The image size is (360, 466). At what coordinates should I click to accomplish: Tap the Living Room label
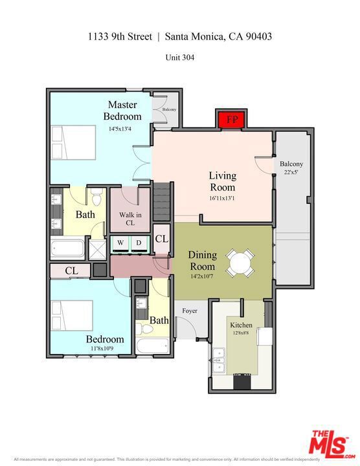222,181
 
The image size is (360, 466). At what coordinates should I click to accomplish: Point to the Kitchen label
241,325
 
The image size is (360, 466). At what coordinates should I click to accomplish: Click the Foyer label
189,311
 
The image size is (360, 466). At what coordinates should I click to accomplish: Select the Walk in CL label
130,219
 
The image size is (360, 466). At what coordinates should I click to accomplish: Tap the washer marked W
120,243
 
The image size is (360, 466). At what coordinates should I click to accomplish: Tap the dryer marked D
139,243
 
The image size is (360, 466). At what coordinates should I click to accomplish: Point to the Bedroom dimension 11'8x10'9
102,349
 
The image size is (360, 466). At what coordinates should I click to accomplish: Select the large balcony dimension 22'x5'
291,172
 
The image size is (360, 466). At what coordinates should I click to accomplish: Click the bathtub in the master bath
68,249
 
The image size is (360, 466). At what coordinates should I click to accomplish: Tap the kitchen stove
242,381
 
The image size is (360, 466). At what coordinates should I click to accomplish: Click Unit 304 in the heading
180,57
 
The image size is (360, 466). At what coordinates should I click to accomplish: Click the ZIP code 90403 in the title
255,37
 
